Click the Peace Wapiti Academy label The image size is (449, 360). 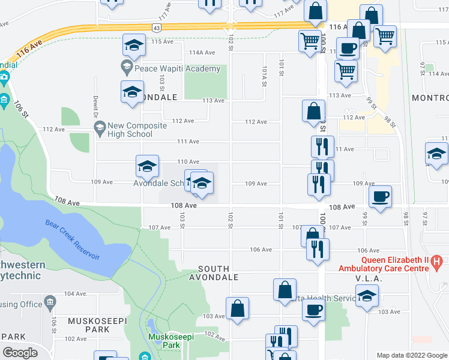(x=177, y=69)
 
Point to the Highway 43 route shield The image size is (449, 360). (x=156, y=28)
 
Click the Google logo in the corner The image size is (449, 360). (x=20, y=353)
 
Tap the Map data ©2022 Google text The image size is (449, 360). (x=411, y=355)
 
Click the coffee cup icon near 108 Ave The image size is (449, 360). (x=381, y=197)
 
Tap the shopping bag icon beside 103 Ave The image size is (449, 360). (x=238, y=307)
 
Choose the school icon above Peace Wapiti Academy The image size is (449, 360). (x=134, y=44)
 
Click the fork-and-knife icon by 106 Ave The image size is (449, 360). (x=318, y=248)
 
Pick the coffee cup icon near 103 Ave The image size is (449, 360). (x=313, y=311)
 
